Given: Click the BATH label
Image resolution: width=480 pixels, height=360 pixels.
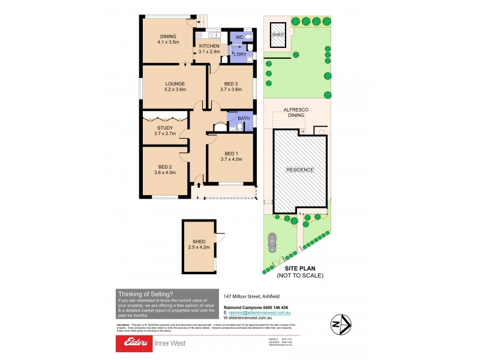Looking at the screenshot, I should pos(244,118).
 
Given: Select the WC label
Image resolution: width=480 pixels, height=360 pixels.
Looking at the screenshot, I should pos(238,37).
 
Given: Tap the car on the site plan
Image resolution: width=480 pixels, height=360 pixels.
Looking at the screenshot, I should pos(272,242).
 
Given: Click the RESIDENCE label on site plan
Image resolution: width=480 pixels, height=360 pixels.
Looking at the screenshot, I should pos(300,170).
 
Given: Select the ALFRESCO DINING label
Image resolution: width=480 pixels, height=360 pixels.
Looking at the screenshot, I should pos(299,113).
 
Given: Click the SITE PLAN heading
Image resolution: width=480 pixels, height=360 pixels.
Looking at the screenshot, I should pos(300,268).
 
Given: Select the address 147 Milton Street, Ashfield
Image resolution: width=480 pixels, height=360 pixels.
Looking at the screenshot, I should pos(253,296).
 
